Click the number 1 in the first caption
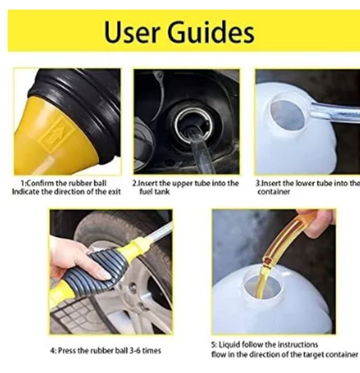[22, 183]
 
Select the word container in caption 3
[274, 192]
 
